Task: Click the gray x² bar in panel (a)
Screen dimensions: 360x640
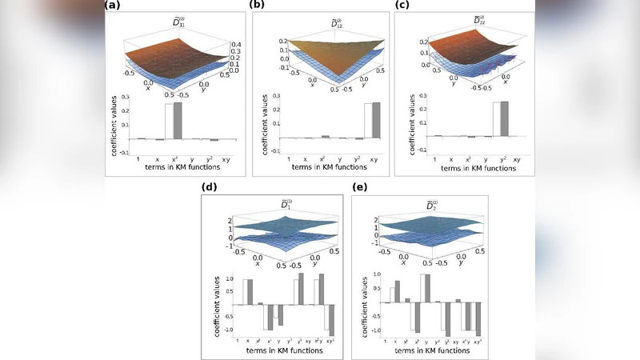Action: pos(178,120)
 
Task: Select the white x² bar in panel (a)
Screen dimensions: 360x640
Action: pos(168,121)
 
